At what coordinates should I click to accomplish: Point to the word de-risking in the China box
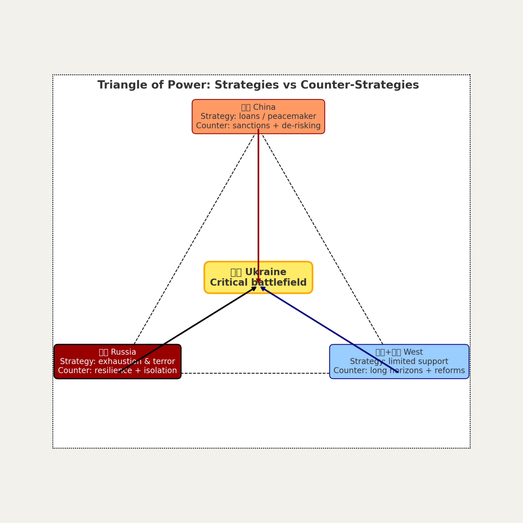[301, 126]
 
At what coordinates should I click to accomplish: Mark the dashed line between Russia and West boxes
[254, 373]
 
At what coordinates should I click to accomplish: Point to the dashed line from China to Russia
[195, 238]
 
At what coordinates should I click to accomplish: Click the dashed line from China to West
[322, 238]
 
